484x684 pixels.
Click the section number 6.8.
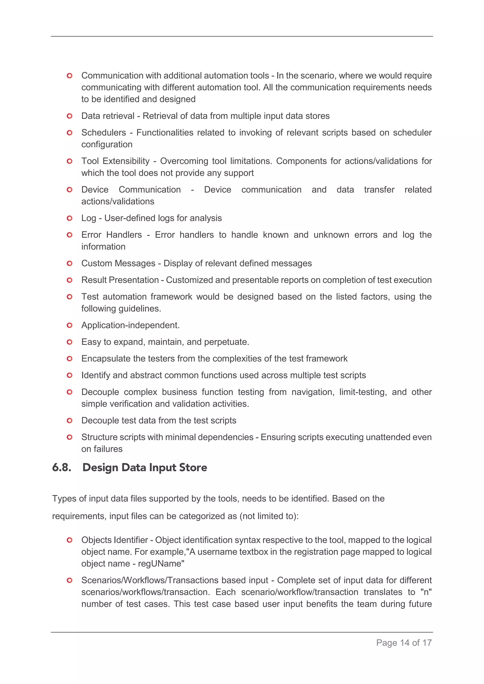click(x=62, y=467)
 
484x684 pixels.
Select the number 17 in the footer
click(x=427, y=643)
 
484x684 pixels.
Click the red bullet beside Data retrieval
click(x=69, y=116)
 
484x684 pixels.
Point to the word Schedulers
click(x=104, y=132)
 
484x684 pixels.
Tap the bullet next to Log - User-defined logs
click(x=69, y=218)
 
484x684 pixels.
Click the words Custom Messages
click(x=118, y=263)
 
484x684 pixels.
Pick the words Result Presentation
click(x=120, y=280)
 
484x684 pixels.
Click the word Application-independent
click(x=130, y=325)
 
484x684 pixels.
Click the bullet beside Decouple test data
click(x=69, y=421)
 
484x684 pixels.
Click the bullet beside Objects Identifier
click(x=69, y=540)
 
